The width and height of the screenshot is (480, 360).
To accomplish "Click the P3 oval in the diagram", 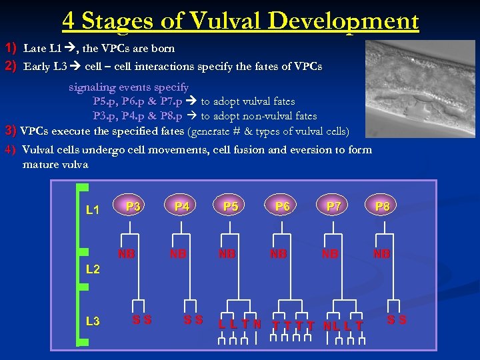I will click(133, 207).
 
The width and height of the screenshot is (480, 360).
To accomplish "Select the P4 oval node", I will click(181, 207).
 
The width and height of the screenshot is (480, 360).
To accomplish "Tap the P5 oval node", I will click(231, 207).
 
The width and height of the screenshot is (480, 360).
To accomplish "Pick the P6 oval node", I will click(283, 207).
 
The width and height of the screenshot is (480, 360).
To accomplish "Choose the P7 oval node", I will click(333, 207).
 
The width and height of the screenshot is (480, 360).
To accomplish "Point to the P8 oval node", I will click(382, 207).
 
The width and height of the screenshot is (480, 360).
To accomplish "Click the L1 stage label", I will click(93, 211).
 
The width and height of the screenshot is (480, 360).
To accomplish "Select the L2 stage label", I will click(93, 270).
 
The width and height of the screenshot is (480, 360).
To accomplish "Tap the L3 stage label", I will click(93, 321).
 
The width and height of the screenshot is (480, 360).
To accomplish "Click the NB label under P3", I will click(127, 254).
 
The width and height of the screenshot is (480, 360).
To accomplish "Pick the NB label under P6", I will click(278, 254).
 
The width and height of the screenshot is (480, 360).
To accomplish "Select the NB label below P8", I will click(382, 254).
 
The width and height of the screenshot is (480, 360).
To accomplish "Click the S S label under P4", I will click(193, 321).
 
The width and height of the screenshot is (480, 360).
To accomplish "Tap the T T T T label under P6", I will click(293, 325).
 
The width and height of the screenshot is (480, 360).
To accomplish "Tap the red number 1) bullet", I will click(11, 48).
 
